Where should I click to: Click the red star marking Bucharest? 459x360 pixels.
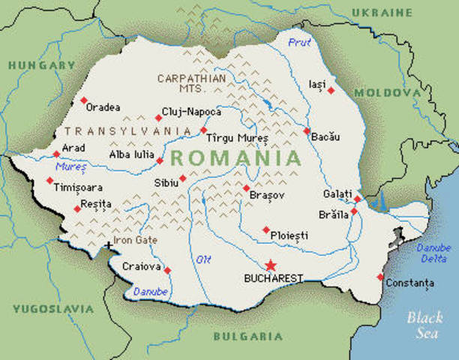point(270,265)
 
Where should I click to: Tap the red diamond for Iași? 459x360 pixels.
point(331,91)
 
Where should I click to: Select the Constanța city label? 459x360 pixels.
point(409,283)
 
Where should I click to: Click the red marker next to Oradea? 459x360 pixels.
point(83,100)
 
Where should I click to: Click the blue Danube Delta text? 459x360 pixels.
point(434,253)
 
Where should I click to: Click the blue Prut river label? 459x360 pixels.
point(298,43)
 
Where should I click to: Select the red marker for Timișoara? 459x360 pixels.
point(49,180)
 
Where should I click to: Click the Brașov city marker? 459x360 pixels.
point(246,187)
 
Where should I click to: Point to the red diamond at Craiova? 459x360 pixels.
point(167,270)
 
